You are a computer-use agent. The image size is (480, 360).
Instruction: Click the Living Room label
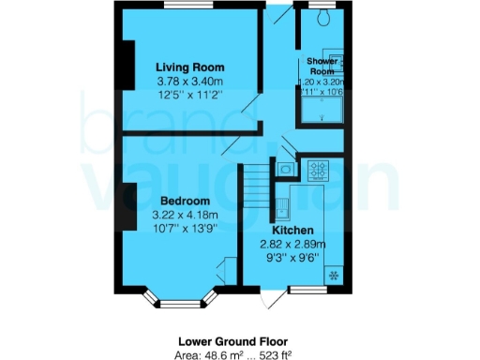pyautogui.click(x=189, y=67)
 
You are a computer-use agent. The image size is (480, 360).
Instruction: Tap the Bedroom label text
pyautogui.click(x=184, y=202)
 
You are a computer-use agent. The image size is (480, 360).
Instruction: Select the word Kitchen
pyautogui.click(x=292, y=231)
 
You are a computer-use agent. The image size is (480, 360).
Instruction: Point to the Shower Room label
pyautogui.click(x=322, y=67)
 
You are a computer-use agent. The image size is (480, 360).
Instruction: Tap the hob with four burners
pyautogui.click(x=318, y=171)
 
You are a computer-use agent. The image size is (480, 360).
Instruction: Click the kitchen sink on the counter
pyautogui.click(x=283, y=205)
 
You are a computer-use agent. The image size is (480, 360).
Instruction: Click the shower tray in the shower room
pyautogui.click(x=320, y=110)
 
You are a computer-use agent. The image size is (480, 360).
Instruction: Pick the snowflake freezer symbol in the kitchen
pyautogui.click(x=334, y=274)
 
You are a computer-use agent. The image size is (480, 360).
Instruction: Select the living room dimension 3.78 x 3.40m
pyautogui.click(x=189, y=82)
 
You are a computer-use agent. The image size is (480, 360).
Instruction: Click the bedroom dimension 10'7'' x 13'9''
pyautogui.click(x=185, y=231)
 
